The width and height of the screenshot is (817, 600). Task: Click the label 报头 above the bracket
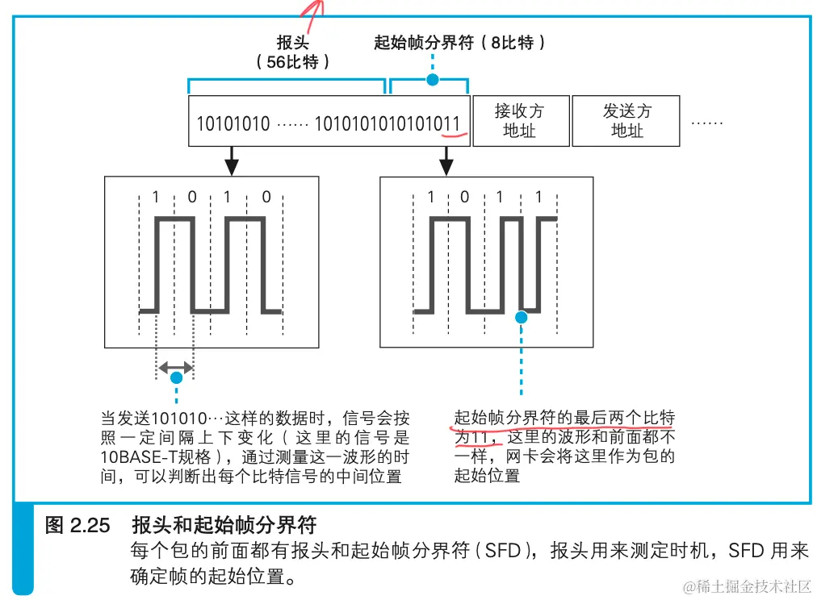coord(292,42)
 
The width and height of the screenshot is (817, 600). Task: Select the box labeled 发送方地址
coord(626,121)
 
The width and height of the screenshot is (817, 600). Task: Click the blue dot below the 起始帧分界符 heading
coord(433,79)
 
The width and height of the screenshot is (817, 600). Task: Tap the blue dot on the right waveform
coord(521,317)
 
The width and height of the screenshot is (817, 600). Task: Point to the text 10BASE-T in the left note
coord(135,457)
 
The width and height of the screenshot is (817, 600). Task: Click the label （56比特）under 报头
coord(292,62)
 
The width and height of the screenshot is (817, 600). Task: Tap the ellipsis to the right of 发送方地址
coord(706,121)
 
